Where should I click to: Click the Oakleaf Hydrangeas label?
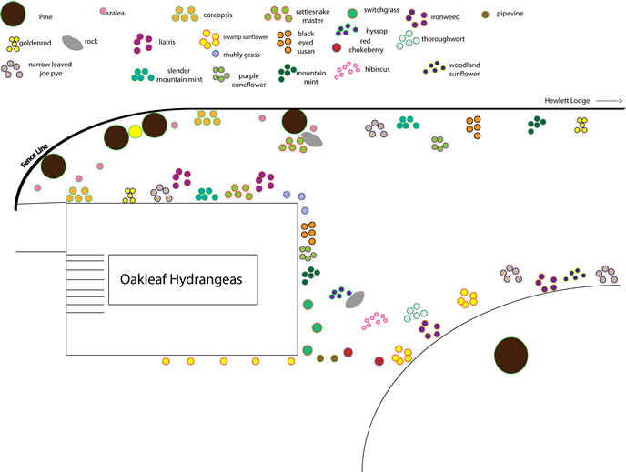183,280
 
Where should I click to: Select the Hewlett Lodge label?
568,100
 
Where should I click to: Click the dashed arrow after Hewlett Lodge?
608,100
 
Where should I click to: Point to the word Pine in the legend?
45,16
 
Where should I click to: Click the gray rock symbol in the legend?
72,42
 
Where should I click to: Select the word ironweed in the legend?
445,16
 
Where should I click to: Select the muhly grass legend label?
241,55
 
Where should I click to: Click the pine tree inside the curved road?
511,356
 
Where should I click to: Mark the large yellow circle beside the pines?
136,133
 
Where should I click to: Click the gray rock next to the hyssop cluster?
355,298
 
